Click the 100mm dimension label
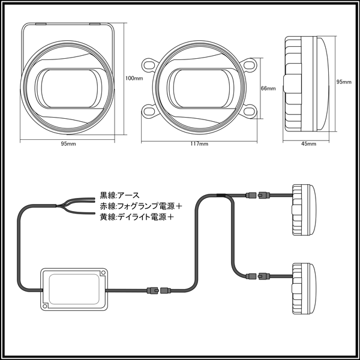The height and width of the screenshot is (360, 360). tap(134, 78)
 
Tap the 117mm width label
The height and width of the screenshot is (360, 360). tap(199, 144)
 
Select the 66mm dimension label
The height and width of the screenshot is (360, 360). tap(268, 88)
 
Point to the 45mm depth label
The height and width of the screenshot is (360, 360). tap(308, 144)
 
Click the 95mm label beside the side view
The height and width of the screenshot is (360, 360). tap(344, 82)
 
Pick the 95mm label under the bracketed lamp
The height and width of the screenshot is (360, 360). tap(68, 144)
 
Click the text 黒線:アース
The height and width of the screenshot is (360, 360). tap(119, 196)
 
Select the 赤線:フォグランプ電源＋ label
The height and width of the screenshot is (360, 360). tap(141, 206)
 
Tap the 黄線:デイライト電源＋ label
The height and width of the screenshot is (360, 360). tap(137, 217)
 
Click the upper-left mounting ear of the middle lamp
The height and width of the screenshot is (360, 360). tap(149, 65)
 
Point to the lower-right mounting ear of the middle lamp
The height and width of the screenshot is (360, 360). tap(249, 111)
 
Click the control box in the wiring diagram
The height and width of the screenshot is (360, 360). tap(74, 289)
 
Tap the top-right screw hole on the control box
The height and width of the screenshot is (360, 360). tap(103, 272)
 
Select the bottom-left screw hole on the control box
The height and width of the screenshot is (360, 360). tap(45, 306)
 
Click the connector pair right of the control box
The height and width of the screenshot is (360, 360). tap(159, 290)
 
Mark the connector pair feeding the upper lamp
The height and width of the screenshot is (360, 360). tap(257, 196)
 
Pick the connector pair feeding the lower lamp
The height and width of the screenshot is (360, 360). tap(257, 275)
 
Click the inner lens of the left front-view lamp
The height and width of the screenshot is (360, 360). tap(68, 88)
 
